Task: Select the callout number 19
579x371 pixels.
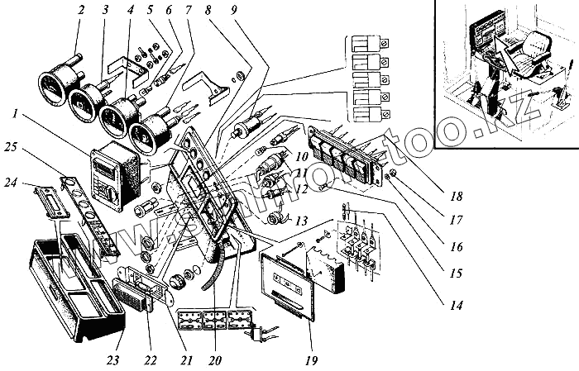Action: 310,360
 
